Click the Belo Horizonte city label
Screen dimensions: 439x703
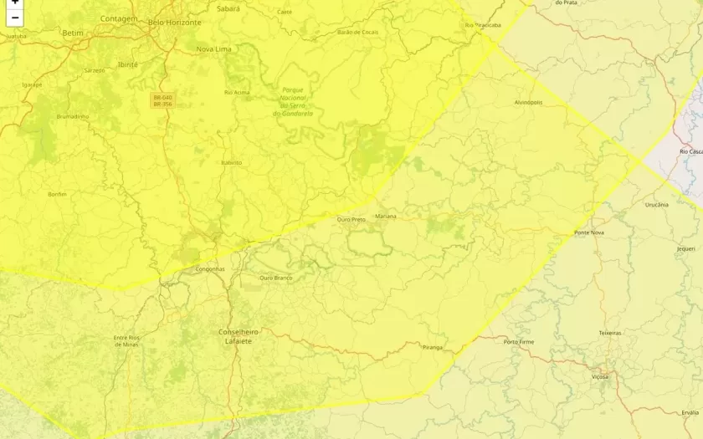click(174, 22)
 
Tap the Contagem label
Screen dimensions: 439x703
click(119, 18)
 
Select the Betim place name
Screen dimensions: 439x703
click(73, 33)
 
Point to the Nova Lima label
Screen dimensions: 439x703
click(213, 49)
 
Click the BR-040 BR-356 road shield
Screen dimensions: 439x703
click(162, 100)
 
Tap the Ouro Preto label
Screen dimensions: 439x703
click(351, 219)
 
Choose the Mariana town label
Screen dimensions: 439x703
click(386, 216)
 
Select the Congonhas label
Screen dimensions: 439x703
click(209, 268)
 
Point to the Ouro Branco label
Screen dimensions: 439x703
click(276, 278)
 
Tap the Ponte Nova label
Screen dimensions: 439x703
click(589, 232)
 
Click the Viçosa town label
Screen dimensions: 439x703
click(600, 376)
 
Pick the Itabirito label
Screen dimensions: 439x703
click(231, 162)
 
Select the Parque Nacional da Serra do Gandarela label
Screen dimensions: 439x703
click(293, 101)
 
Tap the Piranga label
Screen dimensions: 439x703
click(433, 346)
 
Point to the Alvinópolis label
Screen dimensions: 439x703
click(528, 102)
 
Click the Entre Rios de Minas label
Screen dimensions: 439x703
click(126, 340)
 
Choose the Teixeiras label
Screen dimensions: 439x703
click(610, 333)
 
